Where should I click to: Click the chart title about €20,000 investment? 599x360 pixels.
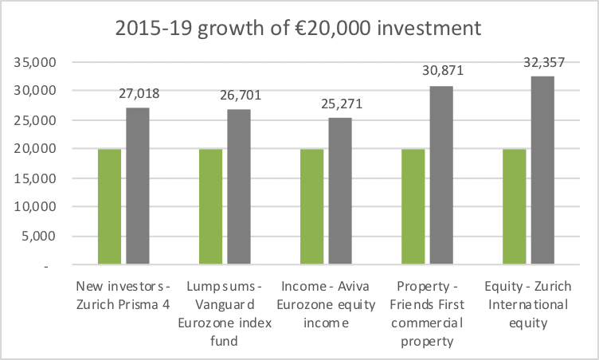[299, 29]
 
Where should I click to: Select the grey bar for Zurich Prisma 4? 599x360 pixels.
[138, 186]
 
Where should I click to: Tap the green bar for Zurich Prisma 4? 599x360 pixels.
[109, 206]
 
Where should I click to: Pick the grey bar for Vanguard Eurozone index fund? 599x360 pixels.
[239, 186]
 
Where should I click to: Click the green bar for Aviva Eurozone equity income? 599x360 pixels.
[311, 206]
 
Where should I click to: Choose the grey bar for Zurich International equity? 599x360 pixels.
[542, 170]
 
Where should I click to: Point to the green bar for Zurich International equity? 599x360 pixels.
[514, 206]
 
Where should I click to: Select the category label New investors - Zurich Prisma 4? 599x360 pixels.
[123, 294]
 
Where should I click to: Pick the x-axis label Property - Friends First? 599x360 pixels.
[427, 313]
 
